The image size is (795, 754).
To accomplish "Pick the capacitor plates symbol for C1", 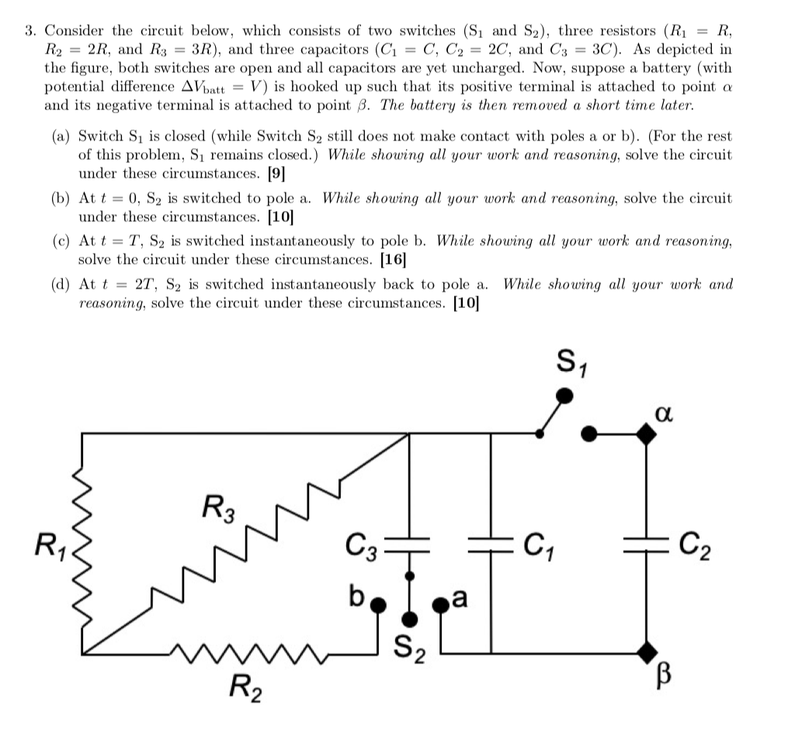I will [x=490, y=540].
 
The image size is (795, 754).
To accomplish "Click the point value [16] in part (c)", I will [x=394, y=258].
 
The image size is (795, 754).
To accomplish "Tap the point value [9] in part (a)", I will [x=275, y=173].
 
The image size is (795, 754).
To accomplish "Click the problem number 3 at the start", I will [x=29, y=32].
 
